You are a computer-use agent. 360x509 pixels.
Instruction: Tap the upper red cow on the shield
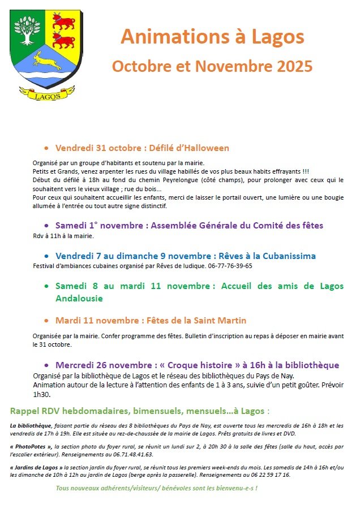[x=63, y=22]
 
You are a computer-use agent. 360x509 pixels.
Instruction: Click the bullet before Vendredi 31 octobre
[x=46, y=148]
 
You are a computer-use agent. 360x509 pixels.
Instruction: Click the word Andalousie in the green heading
[x=79, y=298]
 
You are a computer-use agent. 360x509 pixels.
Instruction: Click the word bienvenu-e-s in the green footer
[x=231, y=488]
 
